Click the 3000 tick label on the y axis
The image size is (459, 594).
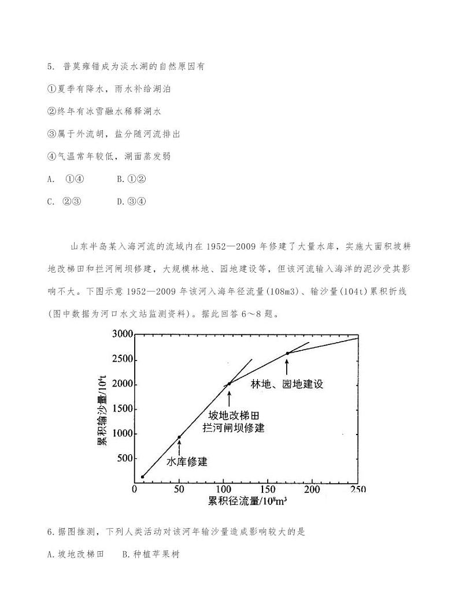[123, 334]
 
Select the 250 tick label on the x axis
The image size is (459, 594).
[357, 490]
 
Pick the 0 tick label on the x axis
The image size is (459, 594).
[135, 490]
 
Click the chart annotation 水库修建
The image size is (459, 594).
[187, 462]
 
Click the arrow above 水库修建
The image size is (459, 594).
[179, 447]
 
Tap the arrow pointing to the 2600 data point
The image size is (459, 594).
[287, 365]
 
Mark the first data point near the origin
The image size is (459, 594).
[142, 477]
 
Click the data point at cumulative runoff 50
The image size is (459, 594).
[179, 437]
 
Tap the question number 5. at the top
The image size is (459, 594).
[51, 66]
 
